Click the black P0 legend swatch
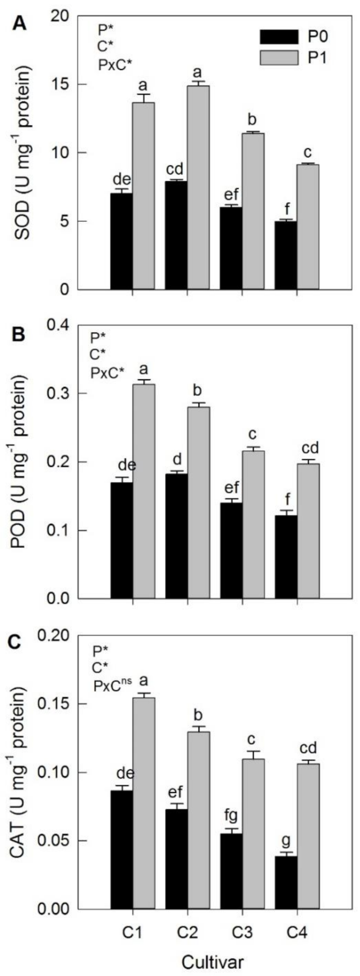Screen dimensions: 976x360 coord(279,37)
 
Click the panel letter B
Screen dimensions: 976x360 coord(18,334)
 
